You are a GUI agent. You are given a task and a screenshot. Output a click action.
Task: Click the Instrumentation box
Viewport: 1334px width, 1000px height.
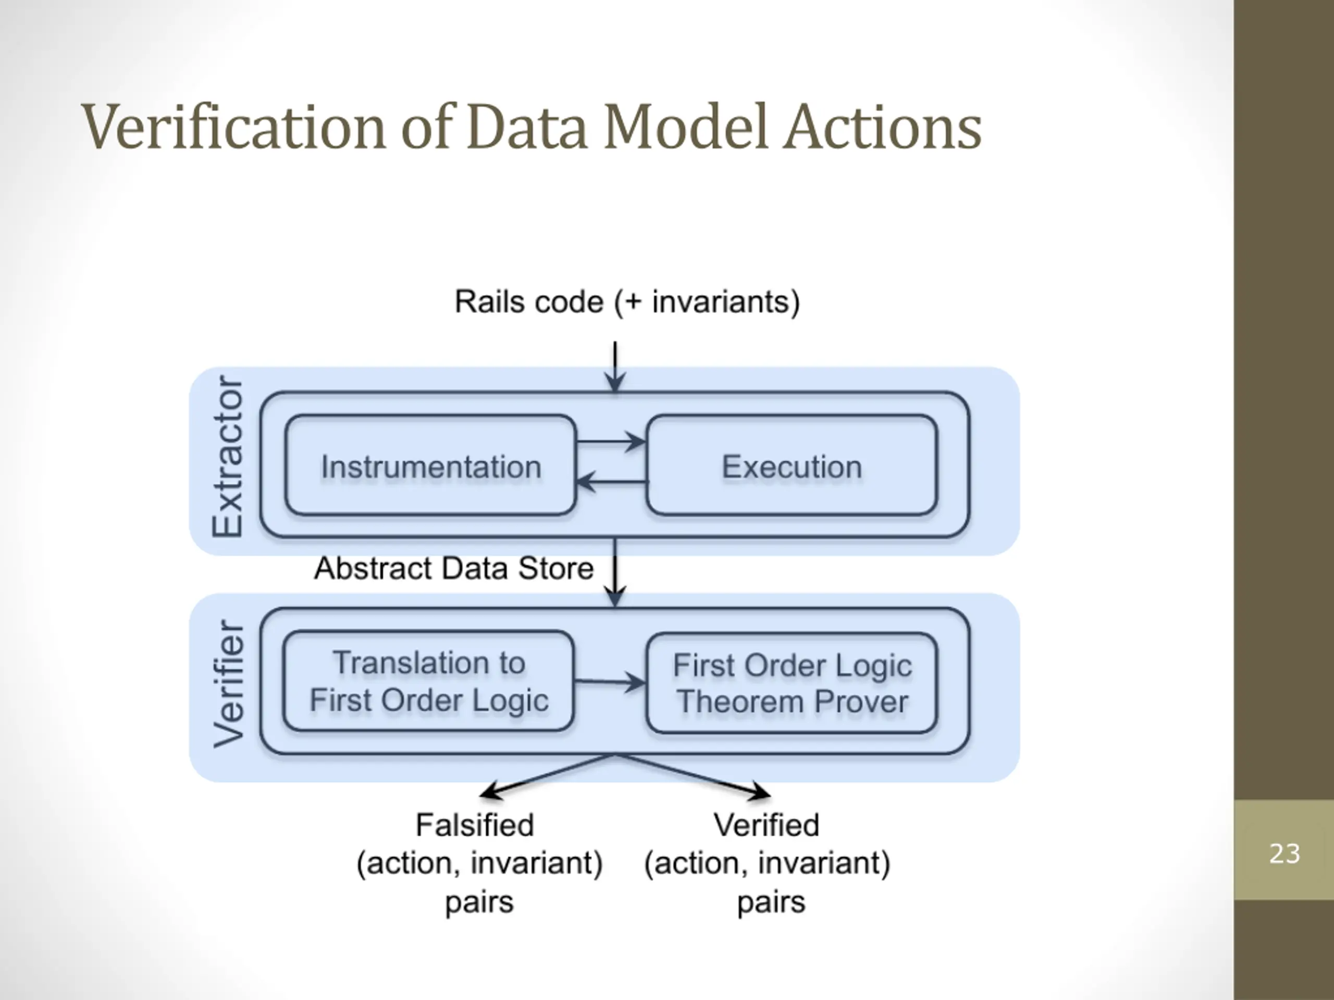point(430,465)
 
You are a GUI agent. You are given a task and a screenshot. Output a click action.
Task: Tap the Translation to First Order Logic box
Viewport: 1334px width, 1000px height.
point(429,681)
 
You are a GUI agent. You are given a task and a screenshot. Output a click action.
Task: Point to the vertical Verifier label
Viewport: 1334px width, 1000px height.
point(229,683)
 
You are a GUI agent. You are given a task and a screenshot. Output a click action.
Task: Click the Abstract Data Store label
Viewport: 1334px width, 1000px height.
point(454,568)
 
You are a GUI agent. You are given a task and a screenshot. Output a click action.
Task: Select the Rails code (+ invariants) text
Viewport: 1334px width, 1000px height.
point(627,302)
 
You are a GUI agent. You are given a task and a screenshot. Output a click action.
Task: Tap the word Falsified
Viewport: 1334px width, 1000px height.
point(475,824)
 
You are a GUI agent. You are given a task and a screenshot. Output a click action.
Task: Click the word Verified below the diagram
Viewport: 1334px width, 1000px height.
point(767,824)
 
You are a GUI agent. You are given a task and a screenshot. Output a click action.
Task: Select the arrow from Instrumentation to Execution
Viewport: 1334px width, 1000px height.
point(611,442)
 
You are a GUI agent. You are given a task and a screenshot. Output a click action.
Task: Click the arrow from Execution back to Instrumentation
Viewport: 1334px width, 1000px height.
point(611,482)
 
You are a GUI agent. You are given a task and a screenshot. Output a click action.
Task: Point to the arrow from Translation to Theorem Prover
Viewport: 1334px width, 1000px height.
point(610,682)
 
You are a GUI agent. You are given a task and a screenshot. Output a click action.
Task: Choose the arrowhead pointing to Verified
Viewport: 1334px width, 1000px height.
point(759,792)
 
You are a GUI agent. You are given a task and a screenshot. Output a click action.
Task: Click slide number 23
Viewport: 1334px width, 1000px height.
point(1284,854)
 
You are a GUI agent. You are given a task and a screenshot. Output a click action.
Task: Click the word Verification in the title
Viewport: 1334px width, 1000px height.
point(233,127)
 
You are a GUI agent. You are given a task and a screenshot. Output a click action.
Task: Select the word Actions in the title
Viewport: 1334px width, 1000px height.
point(883,127)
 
